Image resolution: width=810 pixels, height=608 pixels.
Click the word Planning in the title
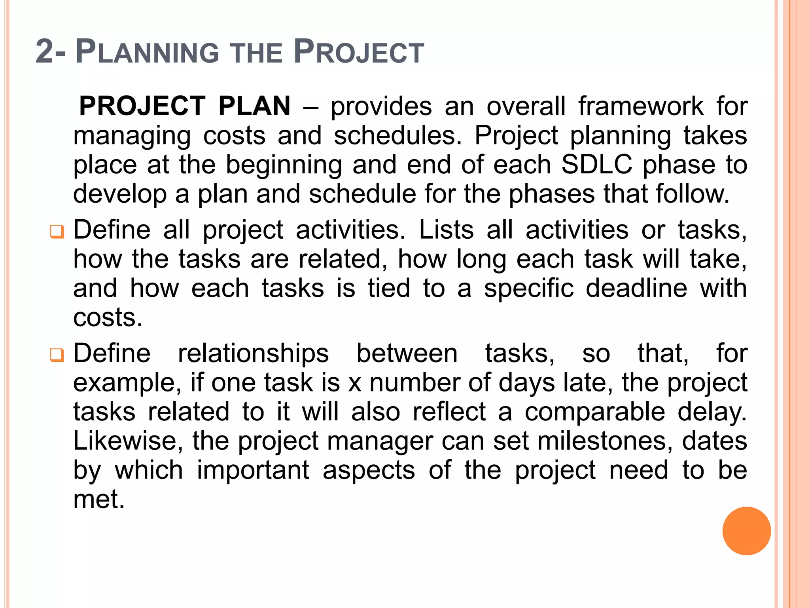(x=147, y=52)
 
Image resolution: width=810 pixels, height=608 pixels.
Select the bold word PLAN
(x=254, y=106)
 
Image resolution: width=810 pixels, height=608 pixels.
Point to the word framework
(x=641, y=106)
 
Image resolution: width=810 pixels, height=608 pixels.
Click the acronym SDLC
(x=596, y=164)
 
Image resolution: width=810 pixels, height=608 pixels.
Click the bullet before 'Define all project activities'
(x=57, y=232)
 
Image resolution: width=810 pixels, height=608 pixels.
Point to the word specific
(x=529, y=289)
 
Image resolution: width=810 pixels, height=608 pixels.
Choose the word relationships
(x=253, y=354)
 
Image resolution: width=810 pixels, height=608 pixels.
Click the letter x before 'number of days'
(x=355, y=383)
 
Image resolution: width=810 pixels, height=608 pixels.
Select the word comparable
(x=595, y=412)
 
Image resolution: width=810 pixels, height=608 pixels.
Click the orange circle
(x=746, y=531)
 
